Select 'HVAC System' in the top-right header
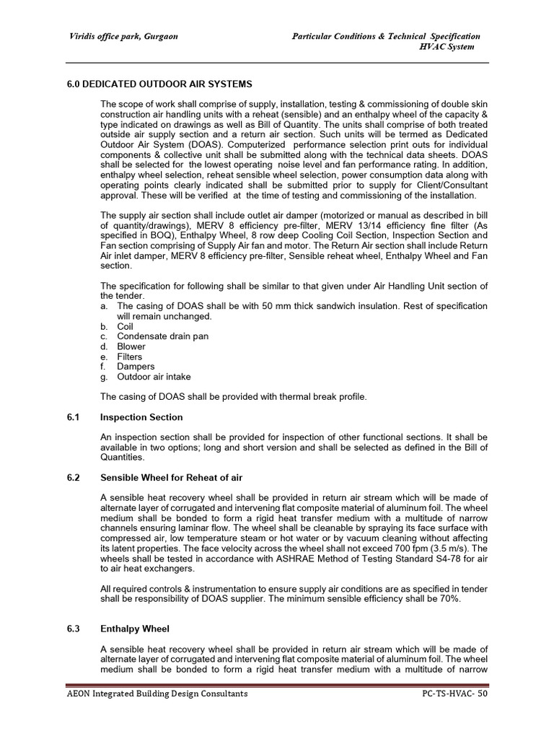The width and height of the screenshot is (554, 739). click(447, 47)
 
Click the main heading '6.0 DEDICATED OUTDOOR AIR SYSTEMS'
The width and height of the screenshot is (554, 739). click(159, 84)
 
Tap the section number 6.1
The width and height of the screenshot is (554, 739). click(72, 417)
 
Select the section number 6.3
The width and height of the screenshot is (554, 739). click(72, 629)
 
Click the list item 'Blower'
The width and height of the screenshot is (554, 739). click(131, 346)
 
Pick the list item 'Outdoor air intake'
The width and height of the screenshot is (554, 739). click(154, 377)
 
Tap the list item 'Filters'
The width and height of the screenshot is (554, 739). click(130, 357)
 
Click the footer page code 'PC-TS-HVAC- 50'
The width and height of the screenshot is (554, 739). click(456, 694)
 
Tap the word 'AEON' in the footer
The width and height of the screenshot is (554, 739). click(78, 694)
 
